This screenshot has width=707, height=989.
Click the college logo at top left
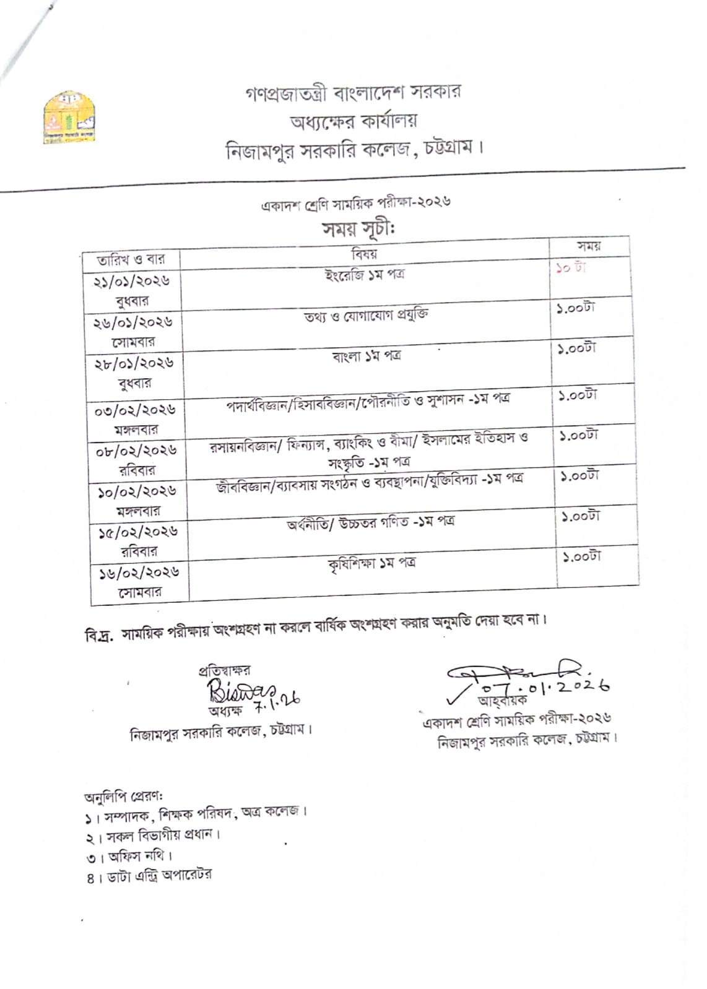click(69, 118)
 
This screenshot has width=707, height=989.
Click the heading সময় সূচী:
click(358, 229)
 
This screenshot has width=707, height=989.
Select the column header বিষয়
click(364, 253)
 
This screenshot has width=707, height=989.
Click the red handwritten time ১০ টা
click(570, 269)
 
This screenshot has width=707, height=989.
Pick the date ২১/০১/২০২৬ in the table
click(131, 282)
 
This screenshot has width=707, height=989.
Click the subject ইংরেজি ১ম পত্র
click(365, 274)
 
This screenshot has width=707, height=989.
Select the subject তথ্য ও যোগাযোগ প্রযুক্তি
click(366, 316)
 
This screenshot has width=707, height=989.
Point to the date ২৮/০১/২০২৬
click(134, 363)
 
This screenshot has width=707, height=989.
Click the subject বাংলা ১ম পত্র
click(367, 356)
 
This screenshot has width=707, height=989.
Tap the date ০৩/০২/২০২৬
click(135, 410)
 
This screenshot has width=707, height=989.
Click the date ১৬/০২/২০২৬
click(139, 572)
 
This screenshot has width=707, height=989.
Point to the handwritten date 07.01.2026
click(545, 686)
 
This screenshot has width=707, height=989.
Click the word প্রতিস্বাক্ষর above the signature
click(224, 670)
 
